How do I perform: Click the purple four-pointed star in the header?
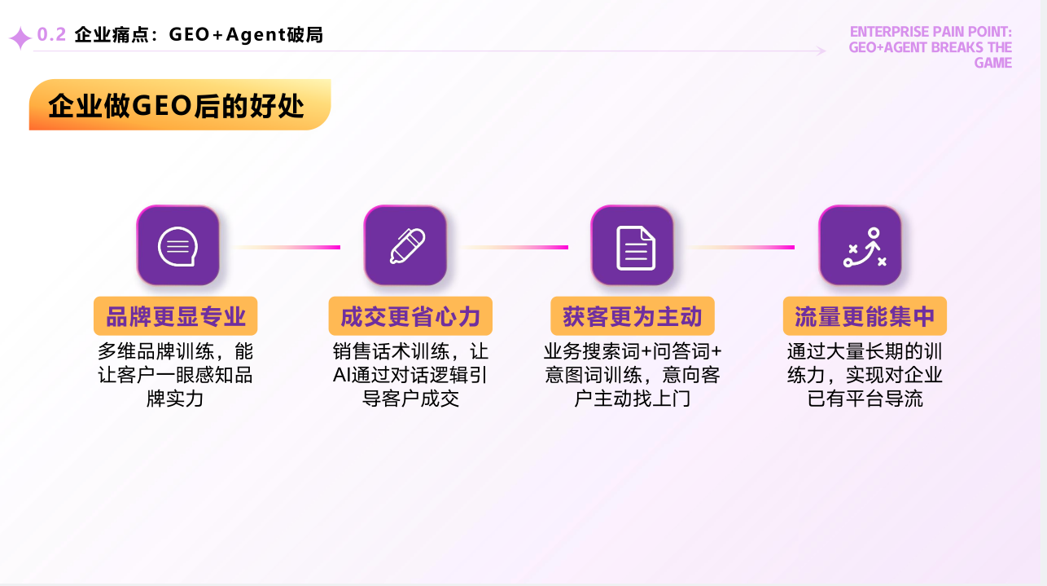pyautogui.click(x=20, y=38)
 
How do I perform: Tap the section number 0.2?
pyautogui.click(x=51, y=34)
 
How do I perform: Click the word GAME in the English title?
pyautogui.click(x=992, y=63)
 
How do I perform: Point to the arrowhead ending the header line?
pyautogui.click(x=821, y=51)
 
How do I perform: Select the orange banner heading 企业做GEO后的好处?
pyautogui.click(x=180, y=105)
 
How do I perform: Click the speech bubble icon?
pyautogui.click(x=177, y=246)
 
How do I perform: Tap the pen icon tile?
pyautogui.click(x=405, y=245)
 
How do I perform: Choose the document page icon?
pyautogui.click(x=636, y=248)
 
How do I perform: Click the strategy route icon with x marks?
pyautogui.click(x=865, y=247)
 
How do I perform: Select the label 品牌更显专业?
pyautogui.click(x=176, y=316)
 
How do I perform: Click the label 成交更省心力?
pyautogui.click(x=410, y=316)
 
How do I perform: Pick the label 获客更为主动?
pyautogui.click(x=633, y=316)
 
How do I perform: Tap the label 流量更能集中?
pyautogui.click(x=865, y=316)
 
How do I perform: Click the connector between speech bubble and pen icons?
pyautogui.click(x=287, y=247)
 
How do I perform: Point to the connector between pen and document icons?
pyautogui.click(x=515, y=247)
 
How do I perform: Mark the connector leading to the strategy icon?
pyautogui.click(x=742, y=247)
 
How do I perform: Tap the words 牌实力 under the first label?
pyautogui.click(x=175, y=399)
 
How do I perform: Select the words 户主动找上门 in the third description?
pyautogui.click(x=633, y=399)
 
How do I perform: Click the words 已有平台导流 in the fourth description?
pyautogui.click(x=865, y=399)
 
